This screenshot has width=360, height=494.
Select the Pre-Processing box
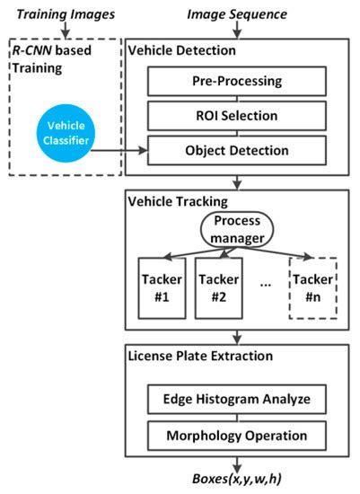pos(237,82)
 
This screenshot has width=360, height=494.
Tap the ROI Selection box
pos(237,115)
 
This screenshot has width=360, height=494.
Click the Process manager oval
pos(236,228)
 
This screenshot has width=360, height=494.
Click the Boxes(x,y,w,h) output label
pos(236,478)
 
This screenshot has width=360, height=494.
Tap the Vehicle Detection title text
pos(182,52)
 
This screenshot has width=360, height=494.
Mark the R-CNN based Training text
pos(51,63)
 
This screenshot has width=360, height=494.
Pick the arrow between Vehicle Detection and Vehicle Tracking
pos(236,182)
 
